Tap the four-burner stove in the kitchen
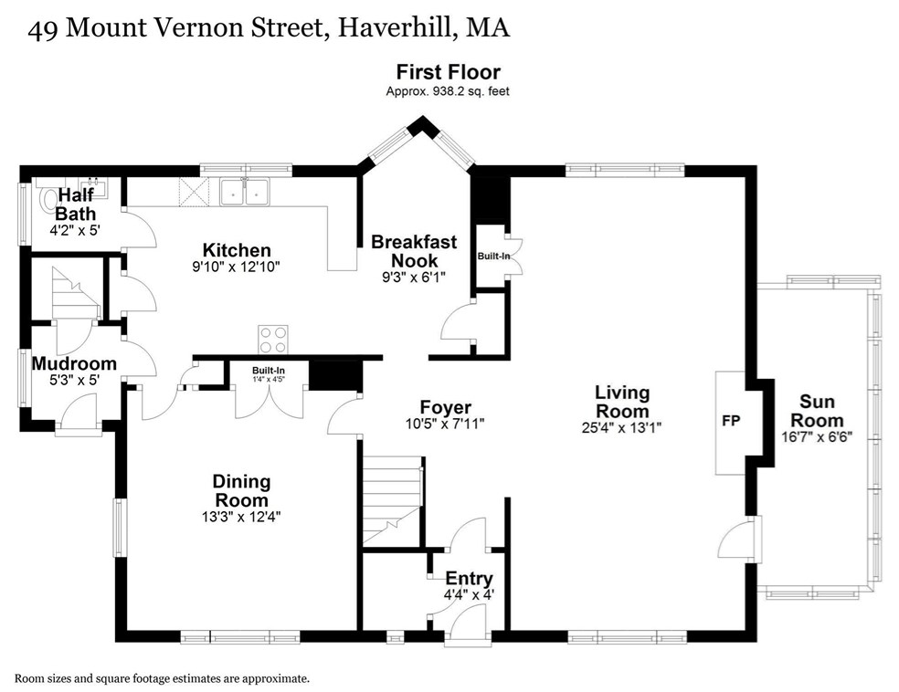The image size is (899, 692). point(273,339)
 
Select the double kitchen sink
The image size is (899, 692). point(246,192)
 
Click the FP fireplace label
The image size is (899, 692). point(731,421)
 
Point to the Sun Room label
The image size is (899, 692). point(817,411)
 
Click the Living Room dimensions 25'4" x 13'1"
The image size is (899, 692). point(621,427)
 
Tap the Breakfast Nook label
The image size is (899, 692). point(414,251)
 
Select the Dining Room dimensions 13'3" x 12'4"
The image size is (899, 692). point(241,517)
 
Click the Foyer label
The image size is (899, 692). point(446,407)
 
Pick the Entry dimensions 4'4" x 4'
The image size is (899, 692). point(469,594)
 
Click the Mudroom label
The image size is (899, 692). point(74,363)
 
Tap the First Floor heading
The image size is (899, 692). point(449,72)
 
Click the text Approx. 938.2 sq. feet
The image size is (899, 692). point(448,91)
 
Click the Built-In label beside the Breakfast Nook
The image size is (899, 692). point(493,256)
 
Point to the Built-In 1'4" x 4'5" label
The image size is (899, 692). point(269,374)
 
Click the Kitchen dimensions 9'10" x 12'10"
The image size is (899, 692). point(237,267)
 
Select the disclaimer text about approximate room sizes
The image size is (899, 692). point(163,679)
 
